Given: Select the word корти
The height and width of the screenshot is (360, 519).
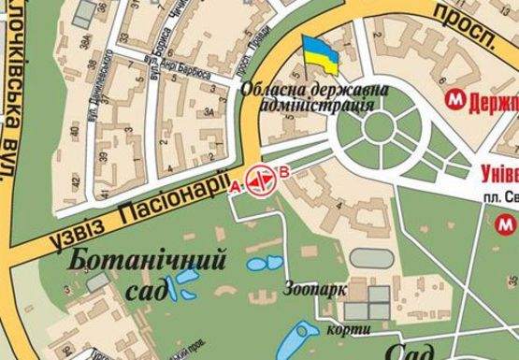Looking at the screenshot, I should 344,330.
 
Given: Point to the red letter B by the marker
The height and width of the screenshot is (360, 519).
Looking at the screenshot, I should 285,171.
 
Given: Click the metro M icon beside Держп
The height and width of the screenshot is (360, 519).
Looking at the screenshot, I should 455,98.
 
